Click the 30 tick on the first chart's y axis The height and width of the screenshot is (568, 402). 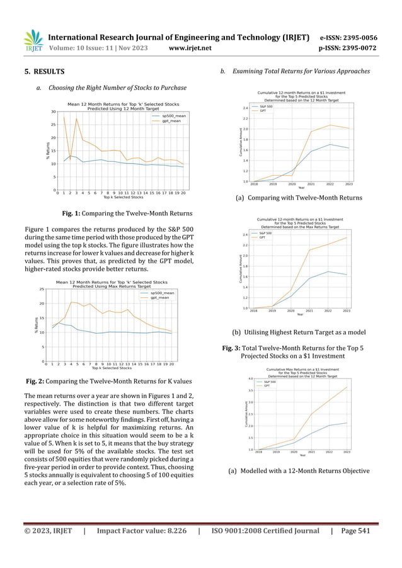coord(54,111)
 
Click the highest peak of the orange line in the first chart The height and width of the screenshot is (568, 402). coord(64,114)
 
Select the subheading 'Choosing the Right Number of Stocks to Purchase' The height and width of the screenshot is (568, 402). coord(115,88)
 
